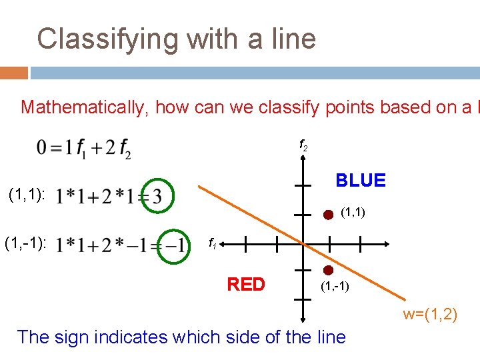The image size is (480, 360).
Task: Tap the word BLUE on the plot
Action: (x=361, y=181)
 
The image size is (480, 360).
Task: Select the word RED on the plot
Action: (x=246, y=285)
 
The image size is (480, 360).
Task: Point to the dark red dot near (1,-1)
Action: (x=328, y=271)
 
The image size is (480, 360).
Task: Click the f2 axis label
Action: (x=303, y=145)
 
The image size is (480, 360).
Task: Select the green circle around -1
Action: (x=173, y=244)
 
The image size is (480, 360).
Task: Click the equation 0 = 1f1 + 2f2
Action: (x=84, y=148)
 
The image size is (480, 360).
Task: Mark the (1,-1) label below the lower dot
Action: (x=335, y=287)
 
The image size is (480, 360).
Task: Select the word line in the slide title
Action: (x=291, y=39)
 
